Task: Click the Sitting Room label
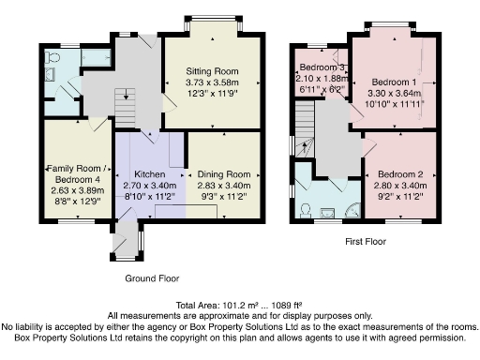[x=212, y=71]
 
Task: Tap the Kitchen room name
[x=150, y=174]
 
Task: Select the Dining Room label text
[x=224, y=174]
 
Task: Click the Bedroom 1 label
[x=394, y=82]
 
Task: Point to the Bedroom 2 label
[x=400, y=174]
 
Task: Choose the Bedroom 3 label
[x=322, y=67]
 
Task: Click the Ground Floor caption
[x=152, y=278]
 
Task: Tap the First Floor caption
[x=366, y=242]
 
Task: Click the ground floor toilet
[x=52, y=57]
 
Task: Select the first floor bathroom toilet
[x=305, y=211]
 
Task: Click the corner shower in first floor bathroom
[x=353, y=211]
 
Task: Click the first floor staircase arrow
[x=305, y=147]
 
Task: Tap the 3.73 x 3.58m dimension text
[x=212, y=82]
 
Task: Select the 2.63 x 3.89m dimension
[x=78, y=190]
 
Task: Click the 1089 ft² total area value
[x=287, y=305]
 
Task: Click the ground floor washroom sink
[x=50, y=74]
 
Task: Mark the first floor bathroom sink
[x=327, y=214]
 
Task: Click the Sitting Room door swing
[x=169, y=103]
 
